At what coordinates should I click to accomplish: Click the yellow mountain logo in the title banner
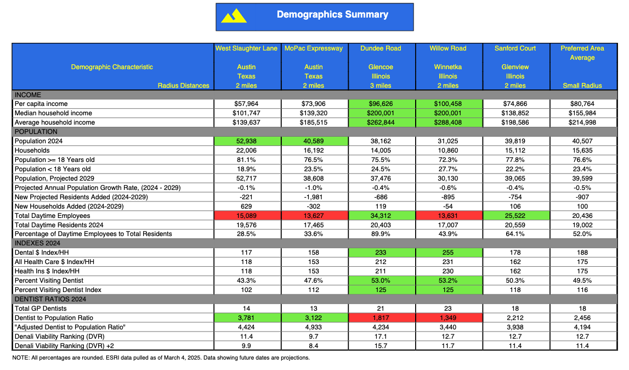[234, 16]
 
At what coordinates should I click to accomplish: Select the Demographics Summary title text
[332, 14]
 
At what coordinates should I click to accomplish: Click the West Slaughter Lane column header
[246, 48]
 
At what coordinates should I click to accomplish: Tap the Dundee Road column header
[381, 48]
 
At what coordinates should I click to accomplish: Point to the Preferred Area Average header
[582, 53]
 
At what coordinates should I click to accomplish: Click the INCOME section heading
[27, 95]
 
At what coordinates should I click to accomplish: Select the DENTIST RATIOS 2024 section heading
[50, 299]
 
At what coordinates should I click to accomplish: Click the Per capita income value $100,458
[447, 104]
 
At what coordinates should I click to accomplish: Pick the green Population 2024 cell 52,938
[246, 141]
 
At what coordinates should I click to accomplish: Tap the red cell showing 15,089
[246, 216]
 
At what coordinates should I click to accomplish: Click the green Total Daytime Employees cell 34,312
[381, 216]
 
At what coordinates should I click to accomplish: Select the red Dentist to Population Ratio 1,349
[447, 318]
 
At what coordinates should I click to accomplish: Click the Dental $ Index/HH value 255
[447, 253]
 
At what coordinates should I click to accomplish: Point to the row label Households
[32, 150]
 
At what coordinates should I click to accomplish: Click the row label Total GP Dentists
[41, 309]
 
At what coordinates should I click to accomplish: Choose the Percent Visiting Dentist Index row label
[58, 290]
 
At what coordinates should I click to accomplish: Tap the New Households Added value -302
[313, 206]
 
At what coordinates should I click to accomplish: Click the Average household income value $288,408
[447, 122]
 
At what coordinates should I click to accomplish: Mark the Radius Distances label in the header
[183, 86]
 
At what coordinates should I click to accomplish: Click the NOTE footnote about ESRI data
[161, 357]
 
